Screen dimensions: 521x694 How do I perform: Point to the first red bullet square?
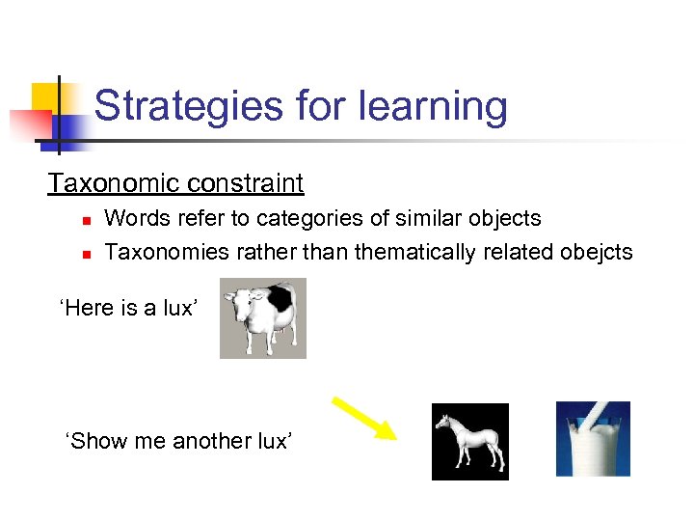point(85,221)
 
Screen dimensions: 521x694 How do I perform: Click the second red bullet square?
point(85,255)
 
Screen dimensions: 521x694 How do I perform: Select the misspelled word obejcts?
point(596,252)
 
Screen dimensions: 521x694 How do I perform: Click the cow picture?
point(262,318)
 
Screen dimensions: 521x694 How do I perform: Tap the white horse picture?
point(469,441)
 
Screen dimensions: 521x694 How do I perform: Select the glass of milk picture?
point(593,439)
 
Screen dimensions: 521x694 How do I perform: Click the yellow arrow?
point(364,418)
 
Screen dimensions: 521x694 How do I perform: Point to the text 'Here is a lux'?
point(129,310)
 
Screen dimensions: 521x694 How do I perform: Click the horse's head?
point(443,422)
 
